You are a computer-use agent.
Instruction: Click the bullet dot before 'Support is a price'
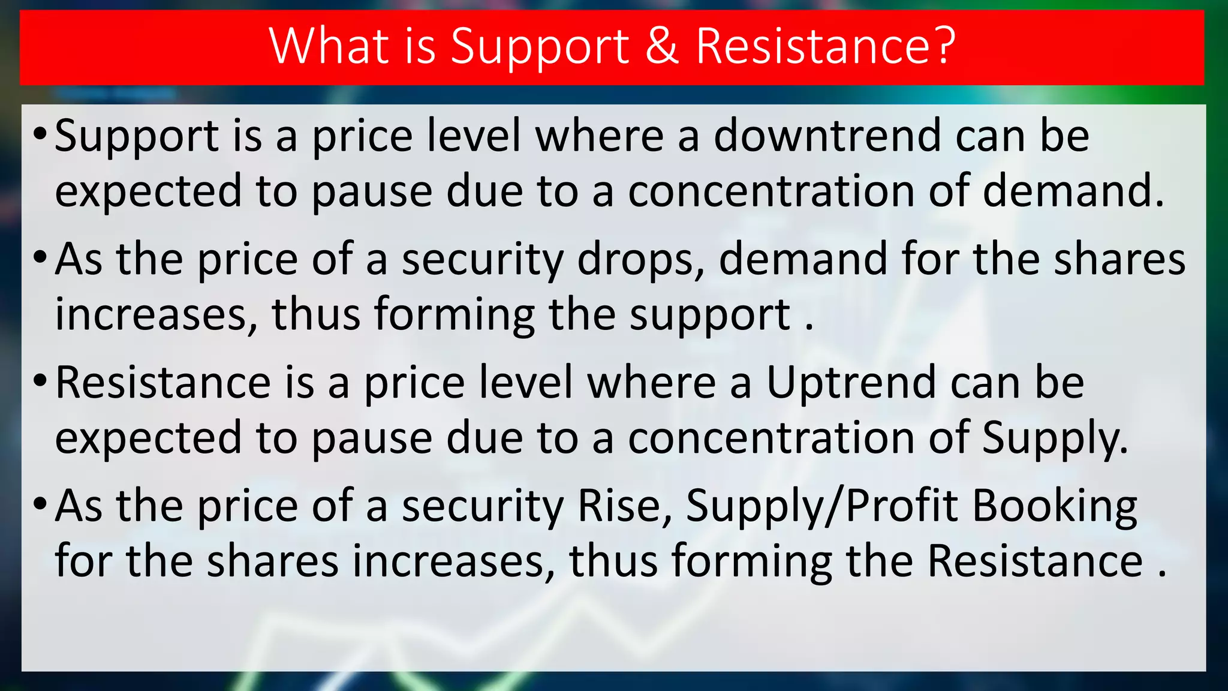point(40,133)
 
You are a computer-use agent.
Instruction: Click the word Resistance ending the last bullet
point(1035,561)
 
